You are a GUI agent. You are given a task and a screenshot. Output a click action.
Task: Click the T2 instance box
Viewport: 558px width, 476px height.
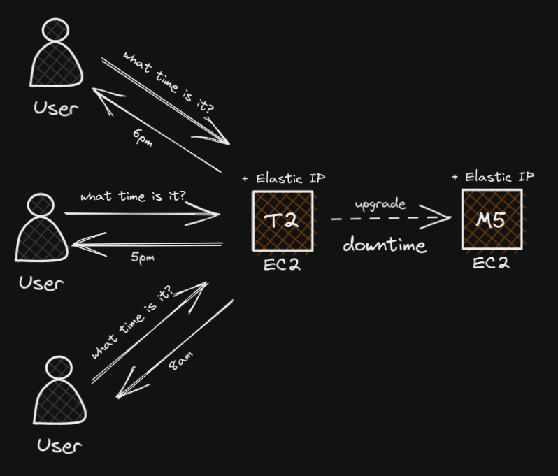(x=282, y=220)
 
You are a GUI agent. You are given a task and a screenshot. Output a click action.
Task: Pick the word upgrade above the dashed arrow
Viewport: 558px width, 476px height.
(x=380, y=205)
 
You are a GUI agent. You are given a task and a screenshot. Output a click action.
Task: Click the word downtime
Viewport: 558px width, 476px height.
(x=385, y=245)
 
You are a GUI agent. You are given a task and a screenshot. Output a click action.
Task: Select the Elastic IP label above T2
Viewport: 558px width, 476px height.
(x=283, y=178)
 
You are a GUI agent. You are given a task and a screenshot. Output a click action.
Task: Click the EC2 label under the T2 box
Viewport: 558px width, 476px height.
(x=282, y=265)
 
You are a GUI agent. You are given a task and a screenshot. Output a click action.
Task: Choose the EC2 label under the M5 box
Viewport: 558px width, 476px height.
(x=490, y=264)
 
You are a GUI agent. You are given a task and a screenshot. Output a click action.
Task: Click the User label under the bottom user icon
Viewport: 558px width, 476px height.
(x=59, y=445)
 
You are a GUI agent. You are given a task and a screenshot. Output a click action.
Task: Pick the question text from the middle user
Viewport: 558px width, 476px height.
(x=133, y=196)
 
